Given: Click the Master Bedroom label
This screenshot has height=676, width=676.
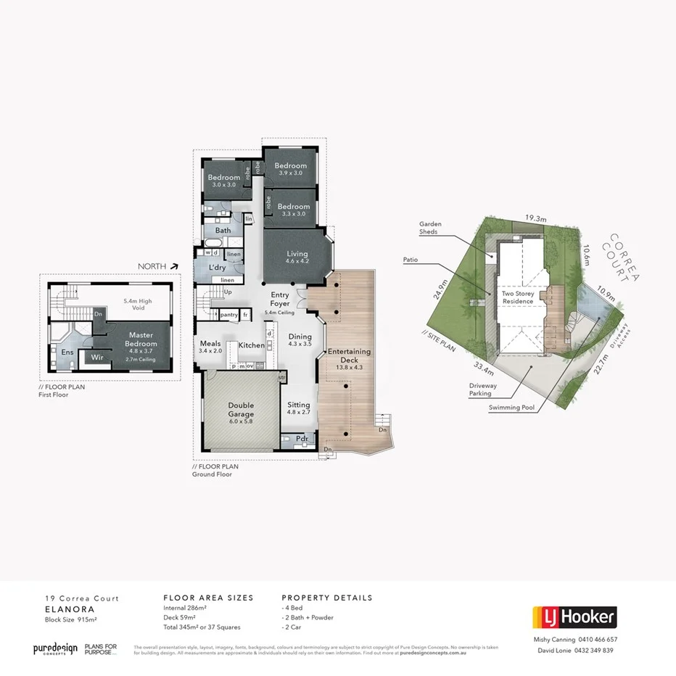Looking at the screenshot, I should (142, 339).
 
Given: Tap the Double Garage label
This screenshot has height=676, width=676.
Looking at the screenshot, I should (241, 410).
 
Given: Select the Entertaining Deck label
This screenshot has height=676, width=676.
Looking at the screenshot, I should (349, 355).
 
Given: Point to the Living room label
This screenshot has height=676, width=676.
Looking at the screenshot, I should (297, 254).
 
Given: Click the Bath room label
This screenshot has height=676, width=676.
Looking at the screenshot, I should (223, 231).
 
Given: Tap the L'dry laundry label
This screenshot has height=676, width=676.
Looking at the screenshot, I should (218, 268).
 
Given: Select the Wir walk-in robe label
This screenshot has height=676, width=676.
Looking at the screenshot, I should (97, 358).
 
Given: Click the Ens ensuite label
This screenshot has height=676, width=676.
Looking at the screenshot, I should (67, 353).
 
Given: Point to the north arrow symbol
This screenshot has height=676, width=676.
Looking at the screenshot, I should (175, 266).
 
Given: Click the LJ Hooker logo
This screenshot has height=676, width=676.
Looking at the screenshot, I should (574, 617).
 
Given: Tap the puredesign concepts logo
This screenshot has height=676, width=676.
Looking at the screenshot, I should (54, 648).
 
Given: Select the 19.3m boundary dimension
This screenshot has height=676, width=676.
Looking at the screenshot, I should (535, 217).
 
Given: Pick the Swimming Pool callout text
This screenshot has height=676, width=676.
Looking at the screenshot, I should (511, 408).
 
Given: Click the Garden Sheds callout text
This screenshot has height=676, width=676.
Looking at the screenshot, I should (430, 228).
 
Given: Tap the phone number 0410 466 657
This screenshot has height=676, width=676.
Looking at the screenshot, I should (598, 640).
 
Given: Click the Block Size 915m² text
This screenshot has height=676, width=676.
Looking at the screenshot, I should (71, 620).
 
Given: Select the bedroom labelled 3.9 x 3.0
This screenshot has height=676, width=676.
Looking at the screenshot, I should (290, 169).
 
